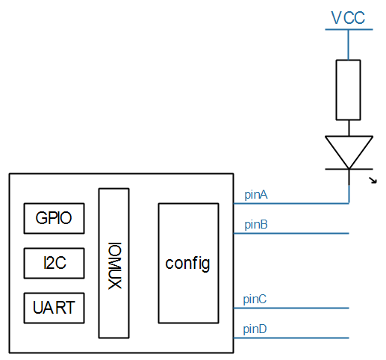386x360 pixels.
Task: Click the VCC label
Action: pyautogui.click(x=349, y=17)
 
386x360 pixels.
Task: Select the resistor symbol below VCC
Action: pyautogui.click(x=349, y=90)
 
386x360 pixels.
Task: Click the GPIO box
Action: pyautogui.click(x=54, y=218)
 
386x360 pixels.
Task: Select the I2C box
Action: pyautogui.click(x=54, y=263)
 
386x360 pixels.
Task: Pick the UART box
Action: pyautogui.click(x=54, y=308)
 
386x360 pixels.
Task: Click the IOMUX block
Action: pyautogui.click(x=113, y=263)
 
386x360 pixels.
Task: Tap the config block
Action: pyautogui.click(x=187, y=263)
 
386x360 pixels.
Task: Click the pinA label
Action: pyautogui.click(x=255, y=195)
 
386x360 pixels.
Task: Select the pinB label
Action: pyautogui.click(x=255, y=224)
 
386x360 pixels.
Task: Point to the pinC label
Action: pyautogui.click(x=255, y=299)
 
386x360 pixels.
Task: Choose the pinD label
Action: pyautogui.click(x=255, y=329)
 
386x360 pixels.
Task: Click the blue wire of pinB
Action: pyautogui.click(x=299, y=234)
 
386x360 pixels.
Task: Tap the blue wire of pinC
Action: pyautogui.click(x=299, y=308)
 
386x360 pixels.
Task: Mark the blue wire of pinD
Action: pyautogui.click(x=299, y=338)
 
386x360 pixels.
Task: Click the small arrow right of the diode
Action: pyautogui.click(x=374, y=179)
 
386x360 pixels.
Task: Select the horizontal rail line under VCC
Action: pyautogui.click(x=349, y=30)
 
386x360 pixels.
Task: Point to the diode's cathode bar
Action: pyautogui.click(x=349, y=170)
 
